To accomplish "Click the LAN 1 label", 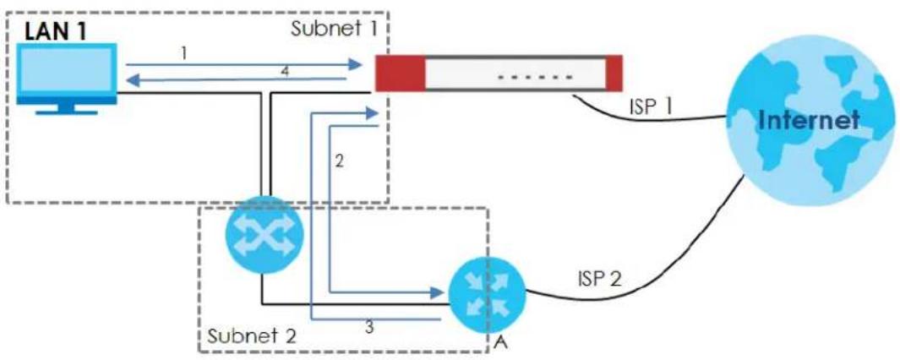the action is (x=55, y=31).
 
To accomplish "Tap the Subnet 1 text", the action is (x=334, y=28).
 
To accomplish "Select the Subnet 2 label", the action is (x=252, y=335).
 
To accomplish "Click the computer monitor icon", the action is (x=66, y=78).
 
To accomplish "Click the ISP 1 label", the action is (x=647, y=107).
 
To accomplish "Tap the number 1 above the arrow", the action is (x=183, y=53).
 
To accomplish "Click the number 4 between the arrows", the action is (x=284, y=73).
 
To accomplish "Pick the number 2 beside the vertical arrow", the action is (x=339, y=161).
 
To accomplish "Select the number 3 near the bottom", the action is (x=370, y=327).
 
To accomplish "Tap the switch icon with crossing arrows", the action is (x=262, y=235).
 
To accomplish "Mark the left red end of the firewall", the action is (x=400, y=73).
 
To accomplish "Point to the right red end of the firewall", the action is (x=614, y=73).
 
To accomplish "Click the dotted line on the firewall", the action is (x=535, y=76).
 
